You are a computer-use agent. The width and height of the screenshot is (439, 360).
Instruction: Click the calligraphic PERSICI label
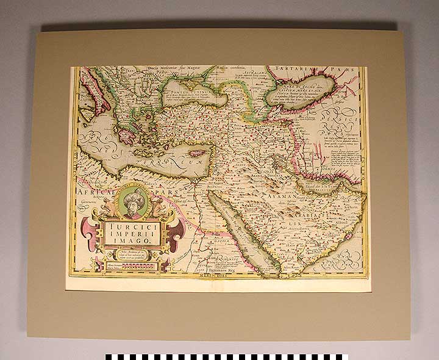coord(339,129)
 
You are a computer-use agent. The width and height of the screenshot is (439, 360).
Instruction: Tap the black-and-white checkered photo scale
coord(226,356)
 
